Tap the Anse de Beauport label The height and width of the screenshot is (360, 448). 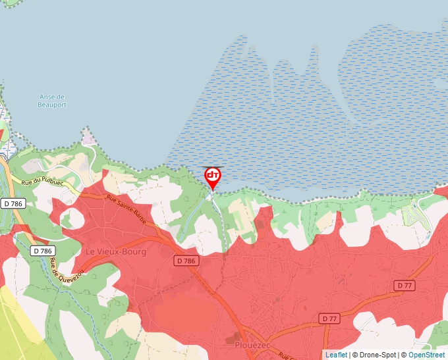tap(53, 101)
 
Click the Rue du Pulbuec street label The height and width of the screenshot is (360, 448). tap(42, 182)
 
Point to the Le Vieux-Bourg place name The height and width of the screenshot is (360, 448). tap(116, 251)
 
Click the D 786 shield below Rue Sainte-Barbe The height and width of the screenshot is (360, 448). tap(186, 261)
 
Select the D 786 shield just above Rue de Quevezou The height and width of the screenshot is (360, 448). tap(42, 251)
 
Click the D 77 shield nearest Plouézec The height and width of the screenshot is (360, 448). tap(331, 319)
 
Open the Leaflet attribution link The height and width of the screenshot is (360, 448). tap(336, 355)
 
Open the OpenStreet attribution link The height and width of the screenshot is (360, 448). tap(428, 355)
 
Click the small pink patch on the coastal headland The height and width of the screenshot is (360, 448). tap(88, 137)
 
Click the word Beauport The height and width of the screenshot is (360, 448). tap(53, 105)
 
